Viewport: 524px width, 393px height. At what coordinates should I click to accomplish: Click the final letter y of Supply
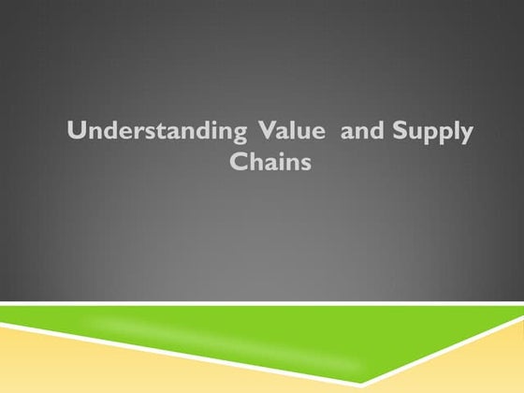point(466,135)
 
